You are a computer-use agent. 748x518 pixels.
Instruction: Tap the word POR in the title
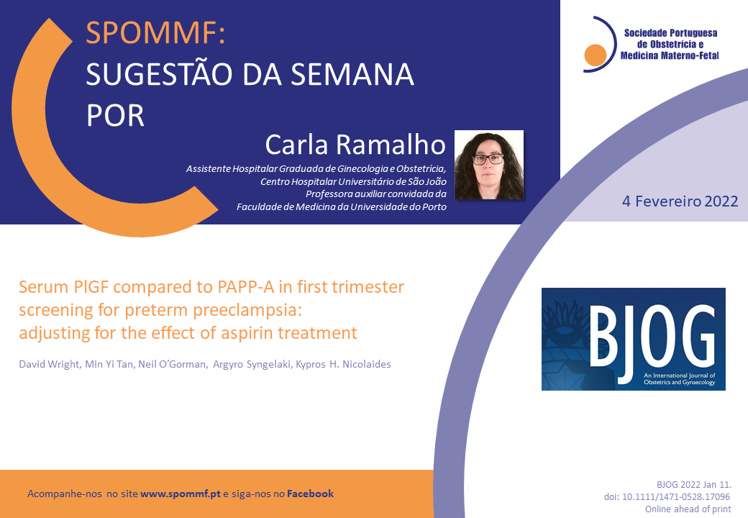tap(115, 115)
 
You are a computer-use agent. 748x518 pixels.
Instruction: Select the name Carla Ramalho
tap(355, 144)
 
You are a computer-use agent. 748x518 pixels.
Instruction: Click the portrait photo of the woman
tap(489, 165)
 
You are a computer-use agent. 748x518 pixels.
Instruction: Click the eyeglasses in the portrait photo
tap(488, 159)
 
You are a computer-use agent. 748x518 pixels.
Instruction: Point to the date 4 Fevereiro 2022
tap(680, 201)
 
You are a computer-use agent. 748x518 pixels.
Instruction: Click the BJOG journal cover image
tap(633, 339)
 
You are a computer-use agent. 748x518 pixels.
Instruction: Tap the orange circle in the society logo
tap(596, 55)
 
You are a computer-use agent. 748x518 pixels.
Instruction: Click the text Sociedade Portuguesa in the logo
tap(671, 33)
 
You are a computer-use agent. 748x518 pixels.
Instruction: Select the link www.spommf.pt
tap(181, 494)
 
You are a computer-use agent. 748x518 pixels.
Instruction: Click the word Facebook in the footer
tap(310, 494)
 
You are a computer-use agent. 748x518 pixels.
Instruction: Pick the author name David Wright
tap(49, 365)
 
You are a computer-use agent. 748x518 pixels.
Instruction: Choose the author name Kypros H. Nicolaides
tap(344, 365)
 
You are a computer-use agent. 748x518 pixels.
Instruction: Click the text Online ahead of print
tap(688, 509)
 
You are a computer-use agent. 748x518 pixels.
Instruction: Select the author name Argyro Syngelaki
tap(252, 365)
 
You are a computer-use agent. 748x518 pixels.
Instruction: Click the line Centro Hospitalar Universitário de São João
tap(353, 181)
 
